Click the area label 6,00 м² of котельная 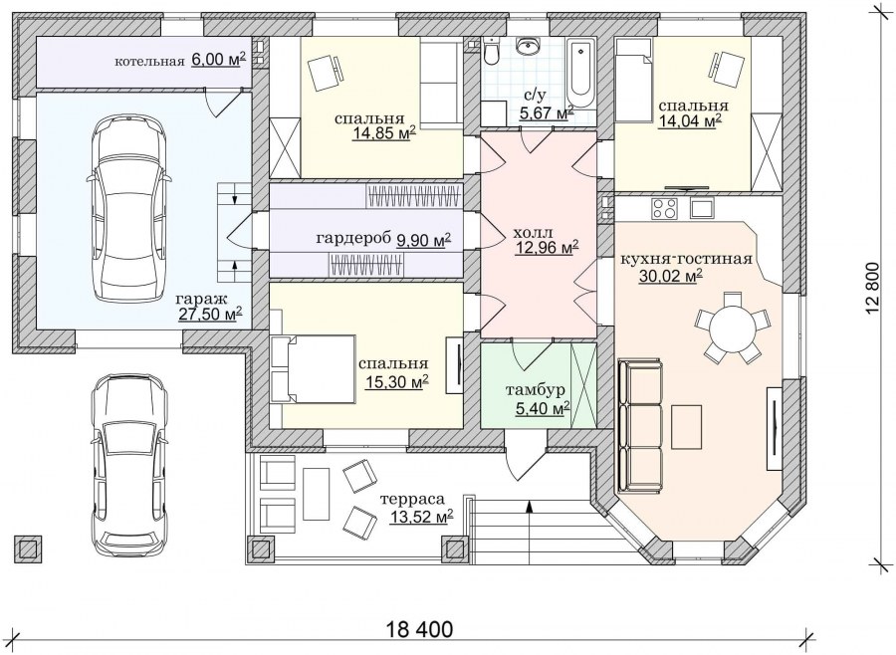219,60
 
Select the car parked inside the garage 128,208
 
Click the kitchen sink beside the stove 702,208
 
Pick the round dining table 732,327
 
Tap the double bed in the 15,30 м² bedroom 315,369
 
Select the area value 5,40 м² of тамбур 543,408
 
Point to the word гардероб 354,238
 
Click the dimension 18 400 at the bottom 420,630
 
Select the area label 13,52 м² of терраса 422,517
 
